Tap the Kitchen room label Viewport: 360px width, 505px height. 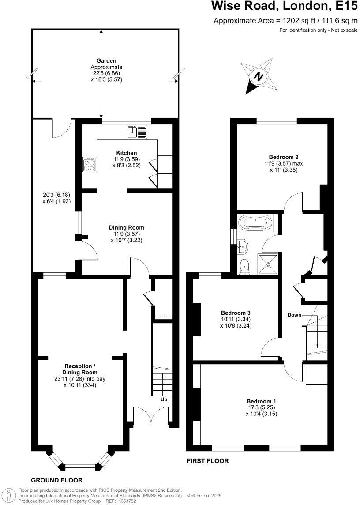(120, 153)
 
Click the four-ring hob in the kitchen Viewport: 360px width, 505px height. (89, 164)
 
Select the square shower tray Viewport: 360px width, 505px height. (267, 264)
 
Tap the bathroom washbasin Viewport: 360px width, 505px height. (242, 247)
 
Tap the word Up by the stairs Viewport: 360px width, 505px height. (163, 400)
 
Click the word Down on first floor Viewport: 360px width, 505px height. (294, 315)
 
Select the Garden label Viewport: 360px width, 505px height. (106, 60)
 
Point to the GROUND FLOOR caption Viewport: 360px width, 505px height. (56, 480)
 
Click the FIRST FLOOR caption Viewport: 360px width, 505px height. (208, 461)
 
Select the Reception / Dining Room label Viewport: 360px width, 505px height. (80, 369)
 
